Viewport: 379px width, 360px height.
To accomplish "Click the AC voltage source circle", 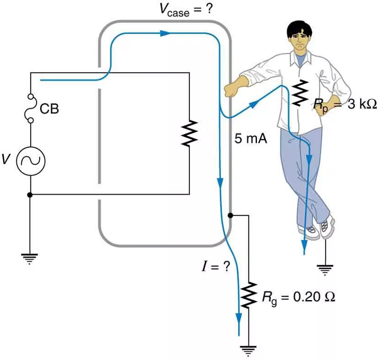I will coord(31,161).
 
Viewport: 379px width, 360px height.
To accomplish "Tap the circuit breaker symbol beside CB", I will coord(31,109).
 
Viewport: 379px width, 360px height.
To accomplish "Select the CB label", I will coord(49,109).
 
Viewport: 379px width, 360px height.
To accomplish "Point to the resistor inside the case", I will coord(189,133).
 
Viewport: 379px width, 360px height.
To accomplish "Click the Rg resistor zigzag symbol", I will coord(249,295).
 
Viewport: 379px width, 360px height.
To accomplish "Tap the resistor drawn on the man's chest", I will coord(300,92).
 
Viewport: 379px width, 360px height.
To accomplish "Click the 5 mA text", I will coord(251,138).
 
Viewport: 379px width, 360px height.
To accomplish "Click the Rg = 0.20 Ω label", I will coord(298,297).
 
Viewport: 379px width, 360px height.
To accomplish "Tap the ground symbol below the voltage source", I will coord(31,259).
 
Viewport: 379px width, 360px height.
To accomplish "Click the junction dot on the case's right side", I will coord(230,215).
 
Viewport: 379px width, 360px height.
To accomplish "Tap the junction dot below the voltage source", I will coord(31,194).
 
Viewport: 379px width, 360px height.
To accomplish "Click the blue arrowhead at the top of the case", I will coord(165,33).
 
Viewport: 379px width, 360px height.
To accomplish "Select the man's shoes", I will coord(318,229).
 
